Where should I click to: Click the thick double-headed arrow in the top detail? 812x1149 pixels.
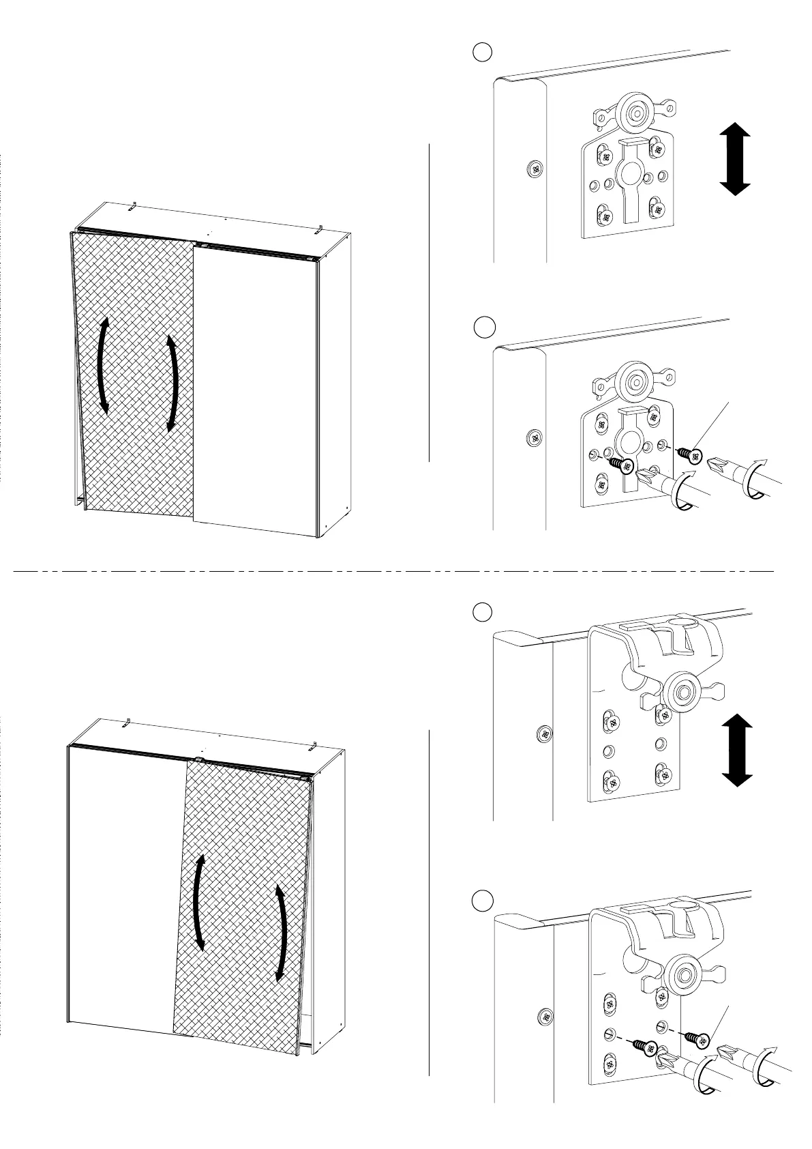[x=735, y=158]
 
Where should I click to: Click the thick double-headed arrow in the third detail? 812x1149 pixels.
[x=736, y=751]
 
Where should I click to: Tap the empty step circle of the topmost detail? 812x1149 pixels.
[x=483, y=53]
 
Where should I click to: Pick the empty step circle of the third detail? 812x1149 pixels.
[x=483, y=611]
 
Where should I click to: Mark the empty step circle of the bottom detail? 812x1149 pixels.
[x=483, y=900]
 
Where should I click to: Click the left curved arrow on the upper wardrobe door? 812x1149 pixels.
[x=103, y=365]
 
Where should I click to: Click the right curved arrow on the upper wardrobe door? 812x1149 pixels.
[x=172, y=382]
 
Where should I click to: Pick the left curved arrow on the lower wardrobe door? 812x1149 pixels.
[x=199, y=902]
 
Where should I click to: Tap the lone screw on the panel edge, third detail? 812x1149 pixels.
[x=545, y=734]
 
